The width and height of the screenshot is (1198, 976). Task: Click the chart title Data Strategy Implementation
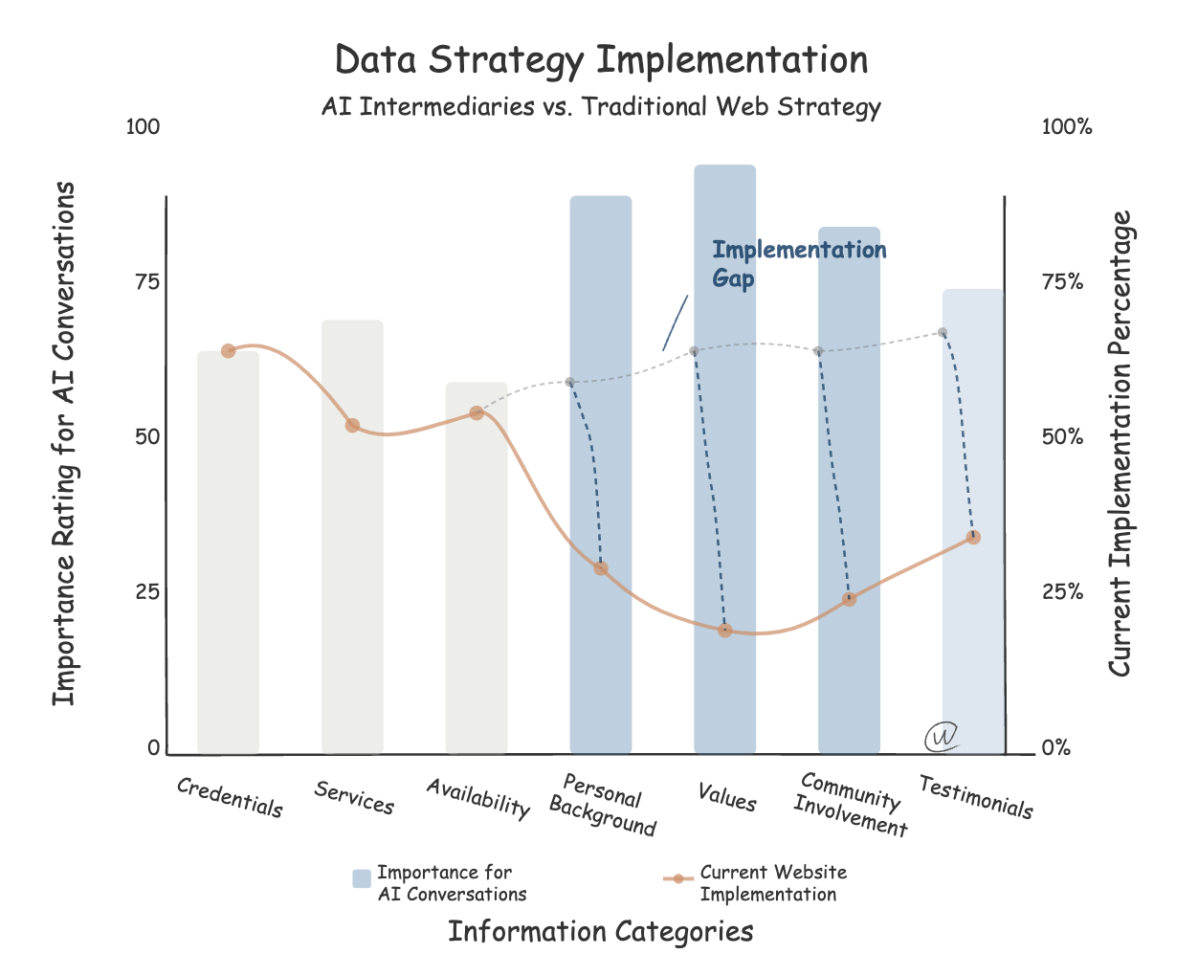(601, 60)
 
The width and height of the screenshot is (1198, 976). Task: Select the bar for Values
(724, 459)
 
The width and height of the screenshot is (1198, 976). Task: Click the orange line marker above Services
(352, 425)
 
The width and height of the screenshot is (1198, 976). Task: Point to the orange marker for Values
(724, 630)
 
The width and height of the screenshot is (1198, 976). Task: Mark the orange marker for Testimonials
(973, 537)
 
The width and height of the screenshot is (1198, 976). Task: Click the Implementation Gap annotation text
(798, 264)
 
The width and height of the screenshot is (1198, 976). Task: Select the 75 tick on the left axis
(146, 281)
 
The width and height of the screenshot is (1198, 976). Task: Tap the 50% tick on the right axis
(1062, 436)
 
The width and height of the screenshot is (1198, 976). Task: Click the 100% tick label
(1066, 127)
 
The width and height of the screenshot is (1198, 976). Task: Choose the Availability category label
(477, 798)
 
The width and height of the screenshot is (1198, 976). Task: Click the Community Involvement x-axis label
(849, 805)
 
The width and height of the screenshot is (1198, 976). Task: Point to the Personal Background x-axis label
(602, 805)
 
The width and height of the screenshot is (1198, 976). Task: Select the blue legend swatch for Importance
(361, 878)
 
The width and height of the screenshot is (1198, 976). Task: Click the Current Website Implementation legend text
(772, 883)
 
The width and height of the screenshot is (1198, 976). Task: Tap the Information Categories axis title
(600, 932)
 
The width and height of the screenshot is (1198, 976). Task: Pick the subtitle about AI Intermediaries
(600, 106)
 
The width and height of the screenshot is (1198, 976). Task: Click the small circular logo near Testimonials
(941, 736)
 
